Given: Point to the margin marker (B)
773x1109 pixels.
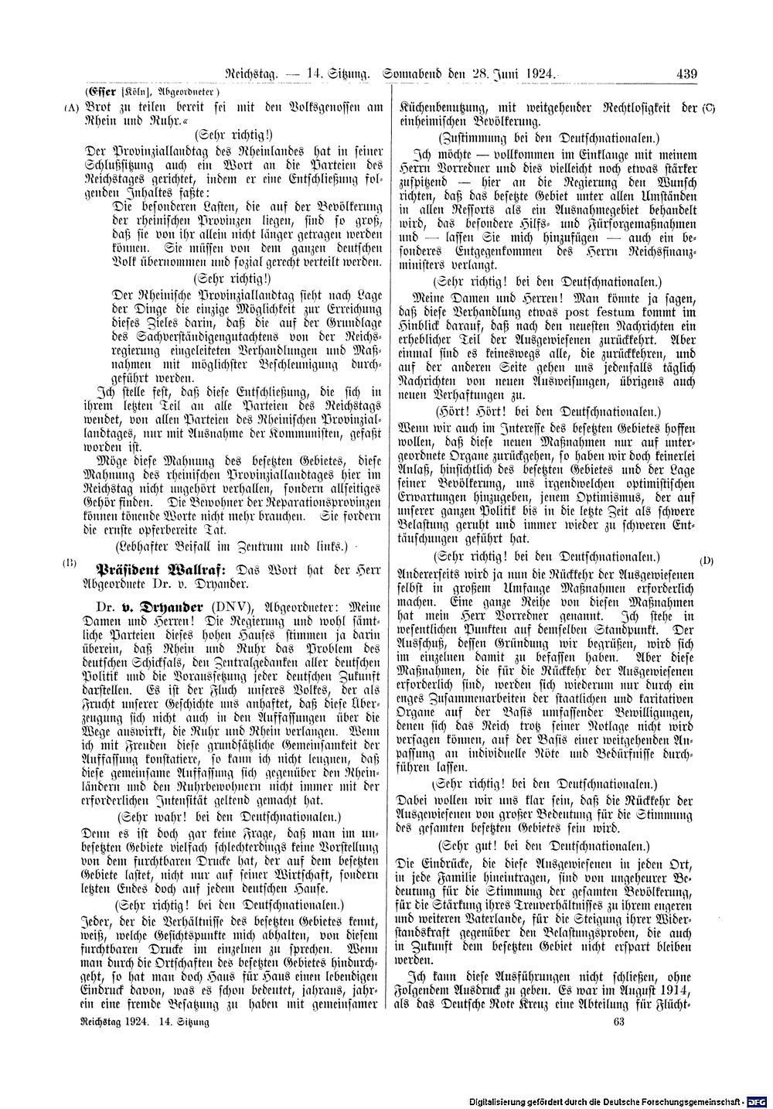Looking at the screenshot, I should [70, 563].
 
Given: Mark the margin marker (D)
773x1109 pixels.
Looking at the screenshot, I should [707, 560].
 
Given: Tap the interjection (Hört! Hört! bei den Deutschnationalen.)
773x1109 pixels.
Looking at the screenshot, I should [548, 410].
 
